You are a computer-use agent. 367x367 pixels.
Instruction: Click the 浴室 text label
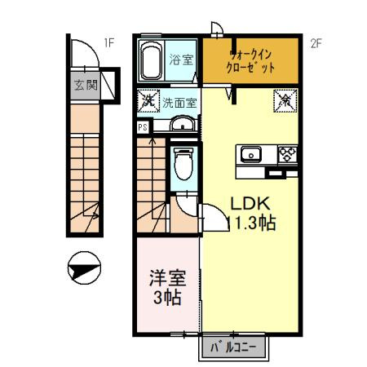(x=181, y=60)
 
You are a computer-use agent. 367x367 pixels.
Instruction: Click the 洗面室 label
(x=179, y=103)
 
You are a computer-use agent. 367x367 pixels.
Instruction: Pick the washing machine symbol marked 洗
(x=147, y=102)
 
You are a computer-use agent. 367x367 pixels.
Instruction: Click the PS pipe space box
(x=143, y=127)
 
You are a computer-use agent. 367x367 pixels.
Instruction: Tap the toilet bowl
(x=183, y=166)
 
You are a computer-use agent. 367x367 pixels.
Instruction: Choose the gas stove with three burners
(x=289, y=153)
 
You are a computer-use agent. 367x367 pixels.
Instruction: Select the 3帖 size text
(x=166, y=298)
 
